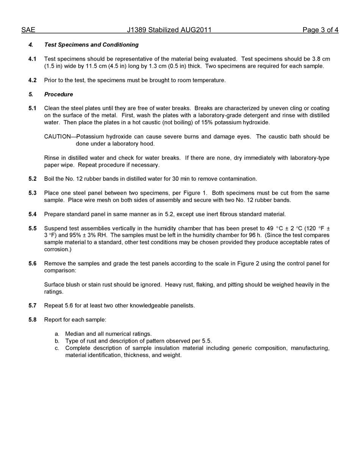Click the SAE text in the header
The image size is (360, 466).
(28, 30)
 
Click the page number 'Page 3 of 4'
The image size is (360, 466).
(320, 30)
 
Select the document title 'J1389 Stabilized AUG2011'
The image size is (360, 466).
(169, 30)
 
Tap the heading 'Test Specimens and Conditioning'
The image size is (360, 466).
(91, 45)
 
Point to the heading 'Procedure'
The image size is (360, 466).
(58, 94)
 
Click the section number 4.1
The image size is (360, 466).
(33, 59)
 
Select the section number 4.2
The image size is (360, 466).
(33, 80)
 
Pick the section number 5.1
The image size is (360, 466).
(33, 108)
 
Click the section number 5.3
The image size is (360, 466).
(33, 193)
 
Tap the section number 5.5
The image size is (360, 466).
(33, 228)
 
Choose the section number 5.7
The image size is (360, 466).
(33, 306)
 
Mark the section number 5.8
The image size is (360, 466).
(33, 320)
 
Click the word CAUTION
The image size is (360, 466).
(57, 137)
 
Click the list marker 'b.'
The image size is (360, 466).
(57, 341)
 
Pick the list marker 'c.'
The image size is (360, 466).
(57, 348)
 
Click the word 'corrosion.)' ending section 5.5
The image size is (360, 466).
(58, 250)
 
